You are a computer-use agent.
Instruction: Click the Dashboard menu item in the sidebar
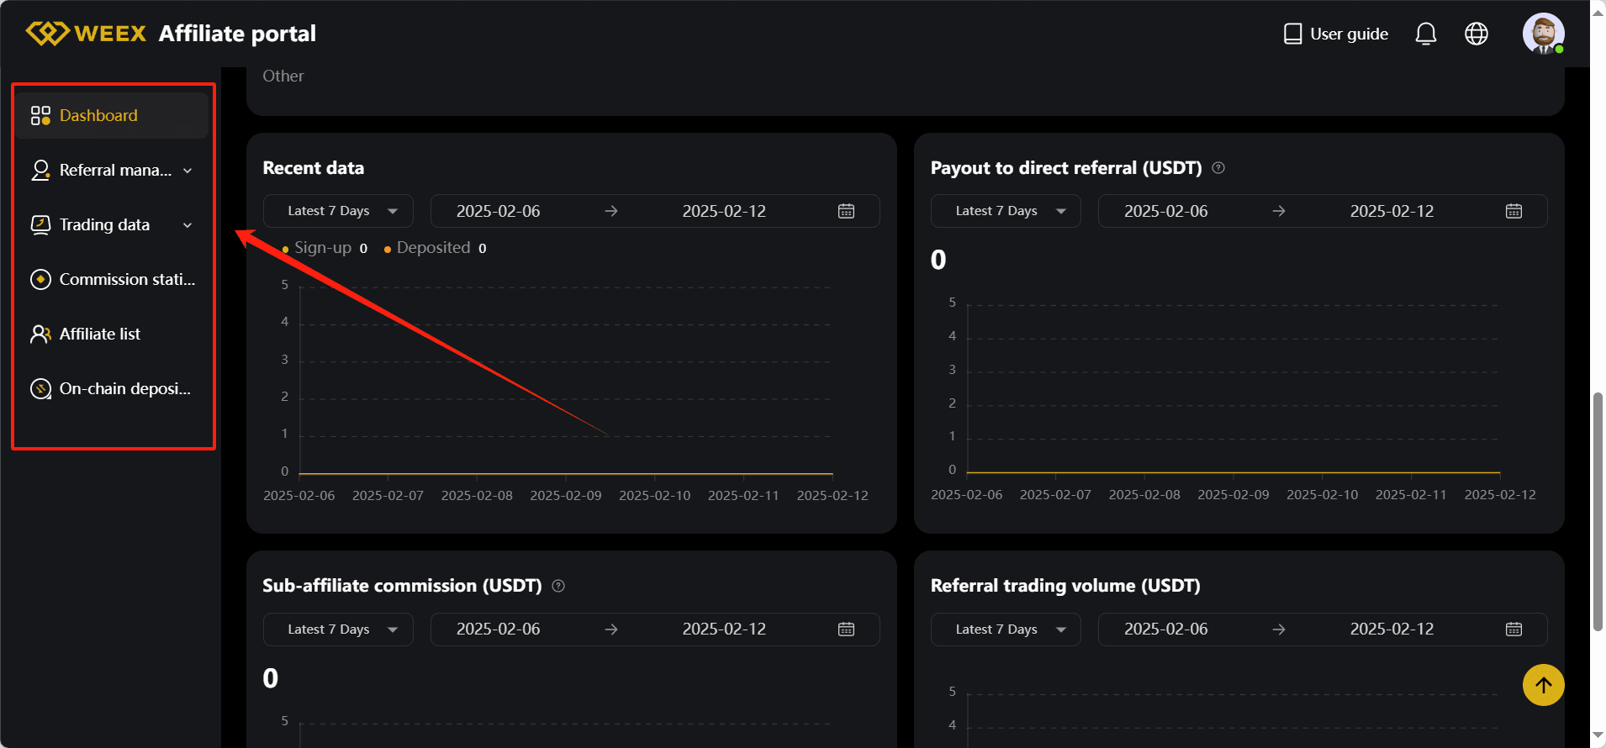(98, 116)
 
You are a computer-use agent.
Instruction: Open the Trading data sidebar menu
(104, 225)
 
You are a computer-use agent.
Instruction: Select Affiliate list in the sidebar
(99, 334)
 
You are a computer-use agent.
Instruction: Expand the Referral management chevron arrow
(188, 171)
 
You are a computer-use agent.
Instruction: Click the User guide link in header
(1336, 34)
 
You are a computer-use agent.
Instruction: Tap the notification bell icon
(1425, 34)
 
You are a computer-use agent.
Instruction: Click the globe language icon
(1476, 34)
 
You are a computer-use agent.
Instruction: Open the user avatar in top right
(1543, 34)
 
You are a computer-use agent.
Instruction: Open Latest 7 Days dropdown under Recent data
(338, 212)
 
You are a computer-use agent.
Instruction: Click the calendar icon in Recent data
(846, 212)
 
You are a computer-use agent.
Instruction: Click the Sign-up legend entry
(322, 248)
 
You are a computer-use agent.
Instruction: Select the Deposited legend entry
(433, 248)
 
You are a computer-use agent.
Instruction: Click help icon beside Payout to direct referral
(1218, 168)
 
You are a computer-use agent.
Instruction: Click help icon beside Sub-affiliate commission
(558, 587)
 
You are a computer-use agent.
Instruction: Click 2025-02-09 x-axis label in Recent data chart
(566, 496)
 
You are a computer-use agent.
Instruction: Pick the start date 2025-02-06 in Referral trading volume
(1165, 629)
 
